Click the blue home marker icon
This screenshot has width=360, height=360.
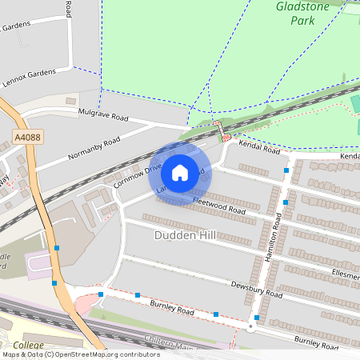179,172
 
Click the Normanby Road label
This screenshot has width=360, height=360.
94,147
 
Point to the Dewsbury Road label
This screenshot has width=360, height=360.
258,289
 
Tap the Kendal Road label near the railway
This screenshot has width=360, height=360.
260,149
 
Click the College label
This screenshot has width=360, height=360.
28,345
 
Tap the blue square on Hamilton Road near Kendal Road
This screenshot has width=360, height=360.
286,170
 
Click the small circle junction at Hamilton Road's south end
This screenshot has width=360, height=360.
251,327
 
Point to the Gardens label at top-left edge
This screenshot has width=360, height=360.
16,26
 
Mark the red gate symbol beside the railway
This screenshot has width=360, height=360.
216,125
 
